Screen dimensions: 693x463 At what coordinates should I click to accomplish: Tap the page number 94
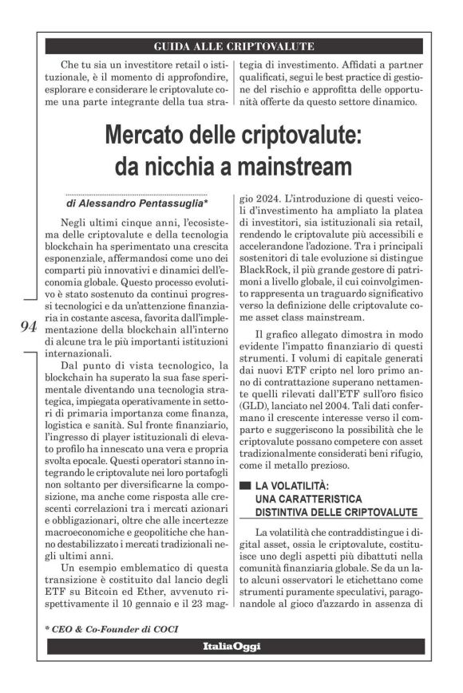point(26,327)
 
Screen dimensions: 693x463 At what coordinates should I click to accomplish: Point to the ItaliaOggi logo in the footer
point(231,646)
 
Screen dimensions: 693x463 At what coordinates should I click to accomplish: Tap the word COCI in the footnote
point(164,628)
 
